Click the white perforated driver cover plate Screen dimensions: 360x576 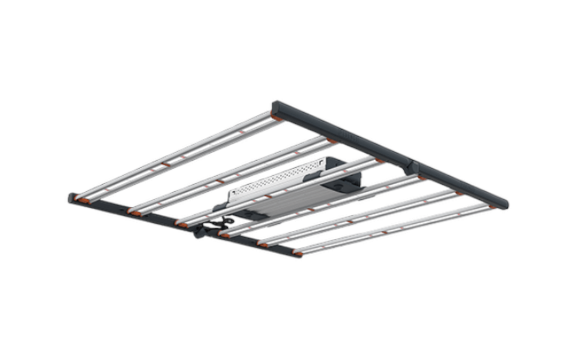click(276, 179)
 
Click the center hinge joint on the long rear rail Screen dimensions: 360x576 click(412, 166)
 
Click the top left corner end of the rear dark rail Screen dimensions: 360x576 click(275, 106)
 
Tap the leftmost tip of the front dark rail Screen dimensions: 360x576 click(71, 197)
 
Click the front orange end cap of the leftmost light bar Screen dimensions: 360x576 click(83, 200)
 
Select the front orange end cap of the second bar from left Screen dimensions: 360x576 click(136, 213)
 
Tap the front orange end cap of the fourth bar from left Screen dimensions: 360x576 click(224, 235)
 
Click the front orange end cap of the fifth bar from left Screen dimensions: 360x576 click(262, 244)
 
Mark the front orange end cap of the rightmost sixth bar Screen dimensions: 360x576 click(296, 253)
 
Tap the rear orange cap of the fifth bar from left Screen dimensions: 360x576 click(459, 193)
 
